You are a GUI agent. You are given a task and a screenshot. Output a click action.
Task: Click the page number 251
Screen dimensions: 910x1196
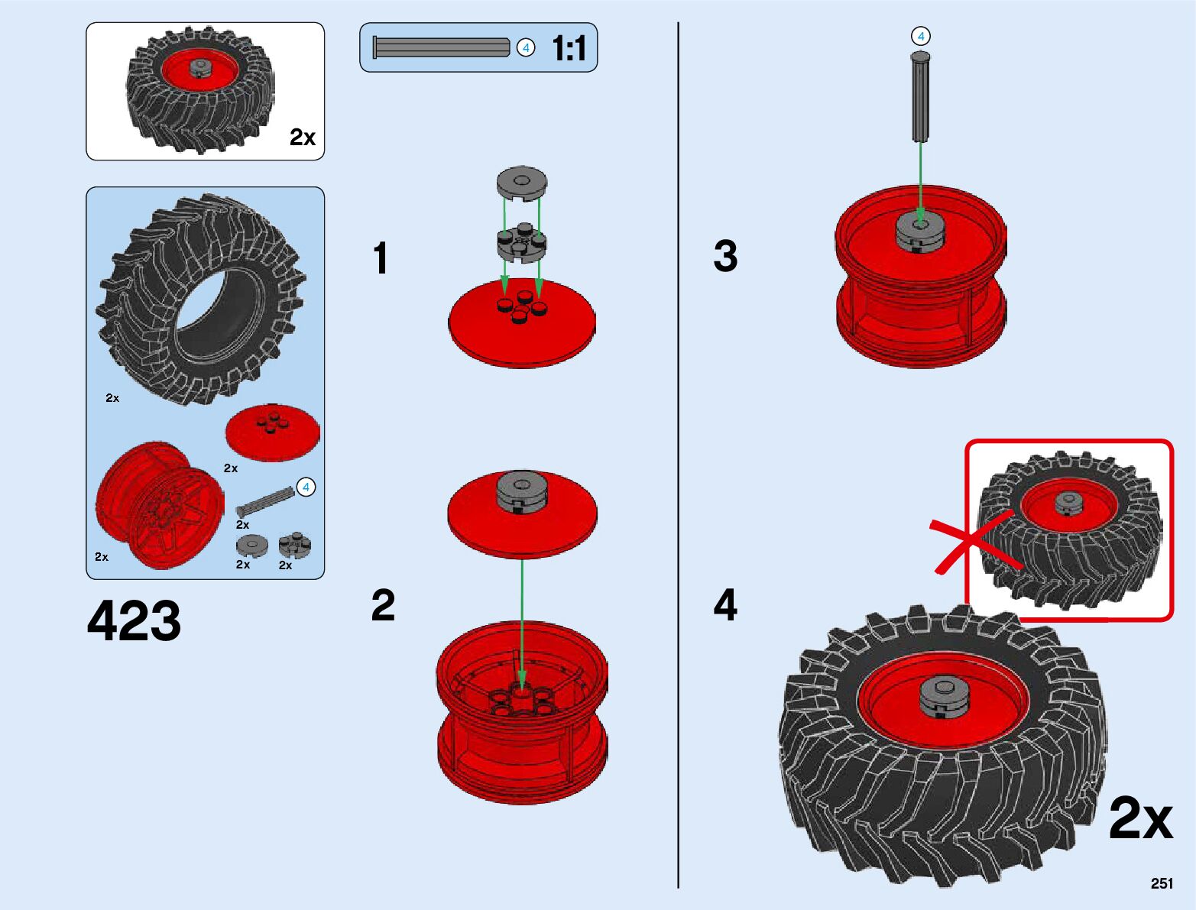(1161, 883)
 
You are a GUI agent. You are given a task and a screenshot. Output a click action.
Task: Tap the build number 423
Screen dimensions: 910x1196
(135, 620)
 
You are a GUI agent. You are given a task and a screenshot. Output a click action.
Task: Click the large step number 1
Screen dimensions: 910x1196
(381, 258)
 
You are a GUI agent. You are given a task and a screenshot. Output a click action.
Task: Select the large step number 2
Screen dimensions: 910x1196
(383, 605)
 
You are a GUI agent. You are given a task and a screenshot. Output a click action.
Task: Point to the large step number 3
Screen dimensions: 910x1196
(725, 256)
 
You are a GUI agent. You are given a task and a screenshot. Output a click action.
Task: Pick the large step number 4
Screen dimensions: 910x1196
(725, 605)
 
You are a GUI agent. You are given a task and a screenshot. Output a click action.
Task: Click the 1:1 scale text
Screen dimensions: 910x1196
(569, 48)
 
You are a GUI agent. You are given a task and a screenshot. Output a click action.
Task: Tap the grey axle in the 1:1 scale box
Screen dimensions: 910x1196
(441, 47)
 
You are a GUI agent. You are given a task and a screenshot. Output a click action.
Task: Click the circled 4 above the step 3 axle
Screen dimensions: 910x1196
(921, 36)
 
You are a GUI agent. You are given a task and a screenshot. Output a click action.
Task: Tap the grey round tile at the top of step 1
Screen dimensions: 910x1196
(521, 184)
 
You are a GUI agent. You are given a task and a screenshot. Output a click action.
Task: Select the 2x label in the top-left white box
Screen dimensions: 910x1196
(302, 138)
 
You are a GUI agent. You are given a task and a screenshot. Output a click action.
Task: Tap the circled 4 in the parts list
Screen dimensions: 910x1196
(306, 487)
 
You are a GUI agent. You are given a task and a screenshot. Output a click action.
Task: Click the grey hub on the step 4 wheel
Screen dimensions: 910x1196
(945, 697)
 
